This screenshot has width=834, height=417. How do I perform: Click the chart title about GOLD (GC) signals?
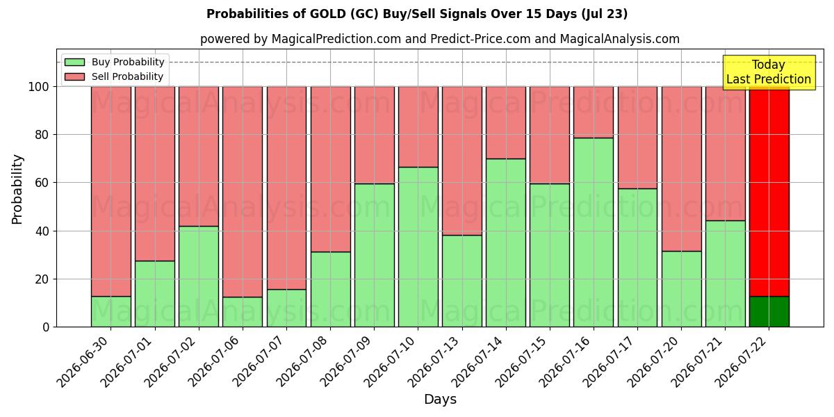click(x=417, y=14)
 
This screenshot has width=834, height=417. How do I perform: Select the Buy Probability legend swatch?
click(x=74, y=62)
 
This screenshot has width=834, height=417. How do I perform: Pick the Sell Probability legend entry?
click(x=114, y=76)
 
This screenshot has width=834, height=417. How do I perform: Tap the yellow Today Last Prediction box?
click(x=769, y=72)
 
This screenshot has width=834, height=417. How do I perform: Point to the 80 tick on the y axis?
click(x=42, y=134)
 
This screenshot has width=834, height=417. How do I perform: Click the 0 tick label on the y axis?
click(x=46, y=327)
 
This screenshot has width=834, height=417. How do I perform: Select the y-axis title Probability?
click(x=17, y=189)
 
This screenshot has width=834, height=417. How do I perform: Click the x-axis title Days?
click(x=440, y=399)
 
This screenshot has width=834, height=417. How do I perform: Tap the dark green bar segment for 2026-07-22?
click(x=769, y=311)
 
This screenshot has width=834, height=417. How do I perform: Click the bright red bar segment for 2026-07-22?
click(x=769, y=191)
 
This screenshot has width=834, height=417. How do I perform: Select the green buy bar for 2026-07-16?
click(x=594, y=232)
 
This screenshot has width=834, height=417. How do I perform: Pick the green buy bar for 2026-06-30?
click(x=111, y=311)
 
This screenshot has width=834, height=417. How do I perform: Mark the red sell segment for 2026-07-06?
click(x=243, y=192)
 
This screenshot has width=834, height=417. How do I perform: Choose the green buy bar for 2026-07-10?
click(x=418, y=247)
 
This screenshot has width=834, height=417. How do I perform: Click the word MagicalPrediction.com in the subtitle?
click(x=336, y=39)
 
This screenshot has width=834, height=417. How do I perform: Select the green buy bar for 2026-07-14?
click(x=506, y=243)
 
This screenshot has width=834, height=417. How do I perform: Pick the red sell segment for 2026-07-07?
click(x=286, y=188)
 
